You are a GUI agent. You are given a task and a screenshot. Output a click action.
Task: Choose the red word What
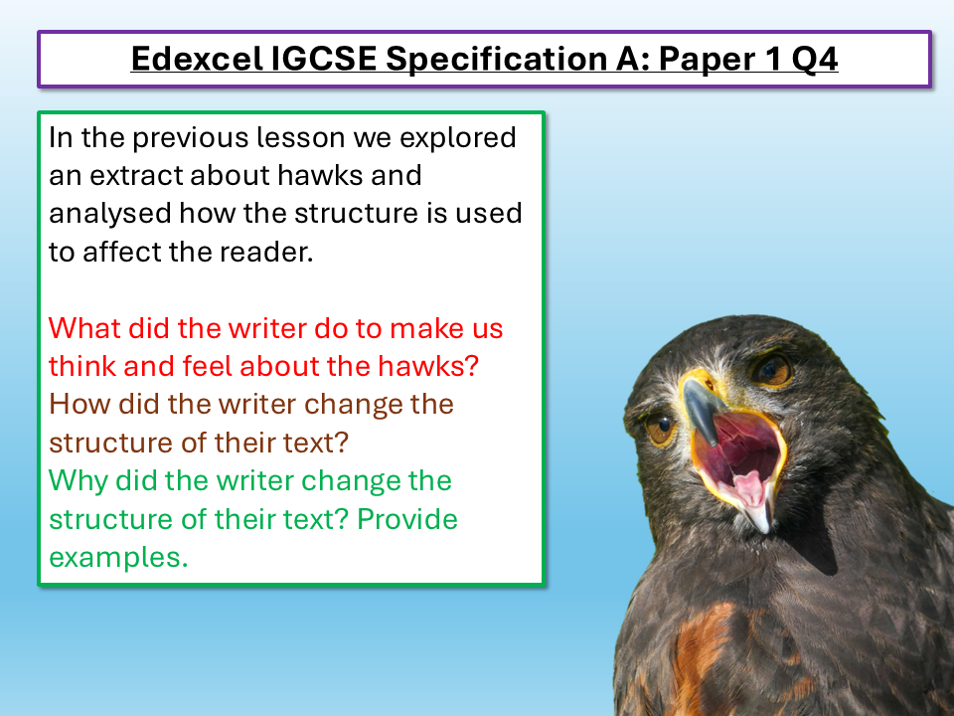click(x=82, y=328)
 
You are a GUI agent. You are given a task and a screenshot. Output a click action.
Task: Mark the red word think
click(x=82, y=366)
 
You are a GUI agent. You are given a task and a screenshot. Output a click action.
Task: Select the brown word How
click(x=77, y=405)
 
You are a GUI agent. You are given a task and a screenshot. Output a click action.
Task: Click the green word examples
click(x=118, y=558)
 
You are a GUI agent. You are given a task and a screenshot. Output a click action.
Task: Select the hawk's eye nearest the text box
click(x=660, y=431)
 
